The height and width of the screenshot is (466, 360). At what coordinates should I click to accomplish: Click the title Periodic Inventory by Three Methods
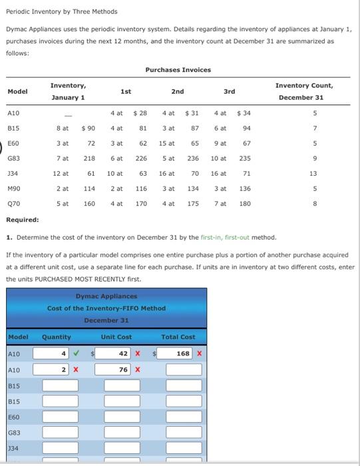coord(61,11)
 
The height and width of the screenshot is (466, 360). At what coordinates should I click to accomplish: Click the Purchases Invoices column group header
coord(178,70)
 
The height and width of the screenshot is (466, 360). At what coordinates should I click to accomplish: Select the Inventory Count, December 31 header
coord(305,91)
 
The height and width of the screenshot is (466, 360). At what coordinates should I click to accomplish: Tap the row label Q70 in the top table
coord(13,204)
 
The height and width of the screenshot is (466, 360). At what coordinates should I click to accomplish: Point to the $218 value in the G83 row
coord(89,158)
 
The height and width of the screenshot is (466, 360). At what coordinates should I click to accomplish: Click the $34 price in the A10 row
coord(244,113)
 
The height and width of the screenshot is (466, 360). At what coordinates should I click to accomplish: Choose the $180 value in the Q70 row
coord(244,204)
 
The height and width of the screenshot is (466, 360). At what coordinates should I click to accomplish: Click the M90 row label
coord(13,188)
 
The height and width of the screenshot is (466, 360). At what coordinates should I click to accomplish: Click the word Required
coord(22,219)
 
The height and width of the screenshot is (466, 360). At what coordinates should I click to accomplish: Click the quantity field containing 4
coord(56,353)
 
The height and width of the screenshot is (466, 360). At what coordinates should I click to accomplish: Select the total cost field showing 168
coord(177,353)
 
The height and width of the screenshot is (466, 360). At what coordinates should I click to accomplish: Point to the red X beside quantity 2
coord(76,369)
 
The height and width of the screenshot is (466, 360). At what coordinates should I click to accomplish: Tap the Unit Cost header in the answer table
coord(116,337)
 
